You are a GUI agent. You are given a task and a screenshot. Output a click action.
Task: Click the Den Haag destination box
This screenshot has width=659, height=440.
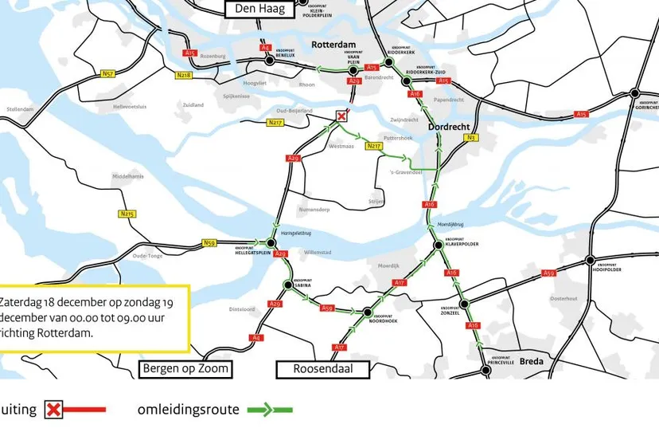pyautogui.click(x=261, y=10)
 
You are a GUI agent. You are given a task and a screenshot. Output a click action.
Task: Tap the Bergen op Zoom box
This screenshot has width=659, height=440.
pyautogui.click(x=185, y=368)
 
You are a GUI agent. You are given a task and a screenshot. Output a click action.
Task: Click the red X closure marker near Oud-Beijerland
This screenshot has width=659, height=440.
pyautogui.click(x=342, y=116)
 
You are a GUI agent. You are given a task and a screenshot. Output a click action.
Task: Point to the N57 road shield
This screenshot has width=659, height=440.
pyautogui.click(x=107, y=73)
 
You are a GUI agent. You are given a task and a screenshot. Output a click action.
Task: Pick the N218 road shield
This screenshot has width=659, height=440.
pyautogui.click(x=184, y=75)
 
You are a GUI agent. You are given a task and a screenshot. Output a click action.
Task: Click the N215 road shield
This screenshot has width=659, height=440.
pyautogui.click(x=127, y=214)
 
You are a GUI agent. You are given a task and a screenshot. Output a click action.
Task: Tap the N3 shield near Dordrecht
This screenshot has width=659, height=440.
pyautogui.click(x=470, y=138)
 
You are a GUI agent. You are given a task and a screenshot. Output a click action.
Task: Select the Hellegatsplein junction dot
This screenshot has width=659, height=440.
pyautogui.click(x=268, y=242)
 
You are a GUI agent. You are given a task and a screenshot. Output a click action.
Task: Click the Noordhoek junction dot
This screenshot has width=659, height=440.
pyautogui.click(x=368, y=313)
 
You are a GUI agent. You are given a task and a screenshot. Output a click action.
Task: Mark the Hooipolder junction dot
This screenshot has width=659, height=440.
pyautogui.click(x=589, y=260)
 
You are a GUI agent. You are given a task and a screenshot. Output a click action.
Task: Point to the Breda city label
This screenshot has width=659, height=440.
pyautogui.click(x=531, y=361)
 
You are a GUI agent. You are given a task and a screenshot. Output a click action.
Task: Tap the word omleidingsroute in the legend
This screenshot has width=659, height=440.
pyautogui.click(x=188, y=410)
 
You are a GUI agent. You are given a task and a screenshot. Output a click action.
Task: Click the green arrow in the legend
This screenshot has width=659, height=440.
pyautogui.click(x=270, y=410)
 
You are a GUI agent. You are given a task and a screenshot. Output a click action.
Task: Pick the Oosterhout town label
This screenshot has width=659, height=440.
pyautogui.click(x=563, y=299)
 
